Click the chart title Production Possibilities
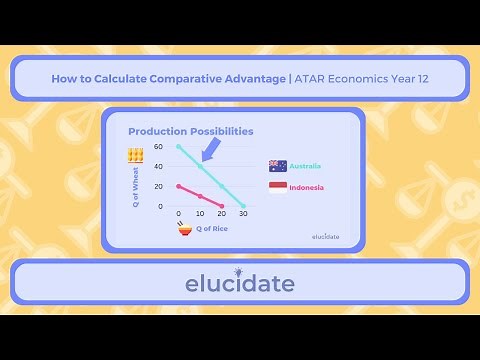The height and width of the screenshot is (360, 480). point(190,131)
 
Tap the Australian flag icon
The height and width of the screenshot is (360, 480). point(278,166)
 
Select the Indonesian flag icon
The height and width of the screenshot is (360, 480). point(278,187)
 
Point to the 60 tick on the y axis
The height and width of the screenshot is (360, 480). point(158,146)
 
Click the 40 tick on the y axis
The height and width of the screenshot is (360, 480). point(158,166)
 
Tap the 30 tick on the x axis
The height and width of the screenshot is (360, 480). point(243,214)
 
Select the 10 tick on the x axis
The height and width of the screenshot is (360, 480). point(200,214)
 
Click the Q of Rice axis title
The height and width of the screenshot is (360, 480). point(213,229)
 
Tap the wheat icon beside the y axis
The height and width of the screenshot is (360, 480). point(135,156)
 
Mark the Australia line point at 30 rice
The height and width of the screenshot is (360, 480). point(243,206)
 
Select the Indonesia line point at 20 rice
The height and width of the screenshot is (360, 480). point(221,206)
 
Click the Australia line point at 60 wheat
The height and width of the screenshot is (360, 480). point(179,146)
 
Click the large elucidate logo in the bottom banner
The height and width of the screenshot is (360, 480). point(240,283)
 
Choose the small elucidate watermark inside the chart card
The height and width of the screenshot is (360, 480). point(325,237)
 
